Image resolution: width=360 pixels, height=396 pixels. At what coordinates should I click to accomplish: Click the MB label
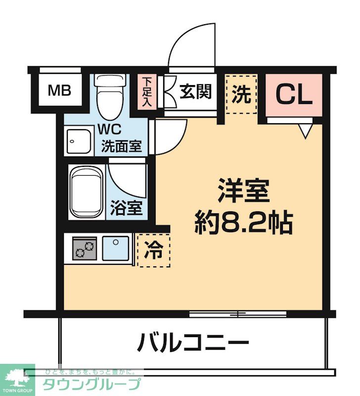(59, 91)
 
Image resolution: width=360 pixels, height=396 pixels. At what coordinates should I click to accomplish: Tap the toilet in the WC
(108, 94)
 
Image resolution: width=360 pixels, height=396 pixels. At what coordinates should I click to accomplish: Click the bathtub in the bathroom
(87, 191)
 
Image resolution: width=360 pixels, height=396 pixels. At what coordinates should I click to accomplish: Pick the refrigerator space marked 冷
(153, 250)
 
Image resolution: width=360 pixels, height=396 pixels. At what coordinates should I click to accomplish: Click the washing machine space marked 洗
(241, 95)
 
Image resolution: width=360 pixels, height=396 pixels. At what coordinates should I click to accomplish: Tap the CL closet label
(294, 94)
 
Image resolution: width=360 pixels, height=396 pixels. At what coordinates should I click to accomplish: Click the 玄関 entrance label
(195, 92)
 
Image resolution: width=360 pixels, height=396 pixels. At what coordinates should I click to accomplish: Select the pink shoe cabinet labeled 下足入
(147, 92)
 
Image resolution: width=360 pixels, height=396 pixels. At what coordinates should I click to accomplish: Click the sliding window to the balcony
(238, 314)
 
